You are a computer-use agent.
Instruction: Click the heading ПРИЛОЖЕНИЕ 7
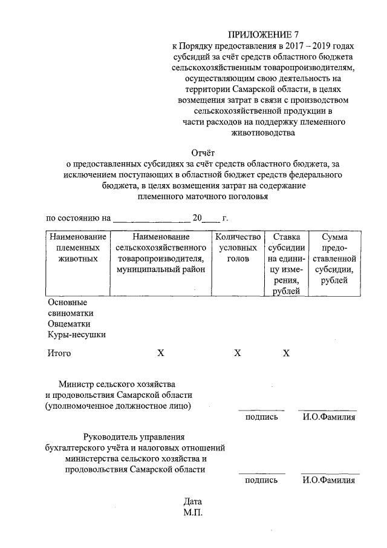pyautogui.click(x=263, y=35)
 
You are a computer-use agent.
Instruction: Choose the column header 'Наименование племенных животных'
pyautogui.click(x=77, y=248)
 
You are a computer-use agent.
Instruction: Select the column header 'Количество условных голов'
pyautogui.click(x=238, y=248)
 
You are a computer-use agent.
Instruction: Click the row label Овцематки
pyautogui.click(x=70, y=324)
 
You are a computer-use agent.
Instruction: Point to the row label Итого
pyautogui.click(x=59, y=353)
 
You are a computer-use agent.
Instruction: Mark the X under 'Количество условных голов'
pyautogui.click(x=238, y=353)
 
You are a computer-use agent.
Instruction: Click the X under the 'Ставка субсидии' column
pyautogui.click(x=286, y=353)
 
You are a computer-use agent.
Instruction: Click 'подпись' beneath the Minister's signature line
pyautogui.click(x=261, y=417)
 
